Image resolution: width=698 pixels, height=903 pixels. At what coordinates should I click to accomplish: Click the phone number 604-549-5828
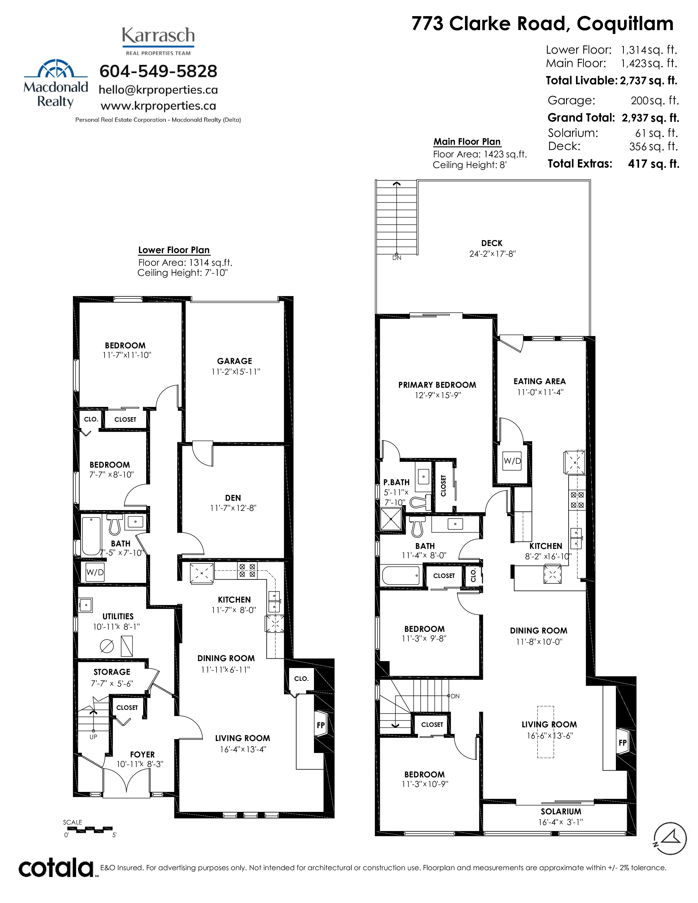point(158,71)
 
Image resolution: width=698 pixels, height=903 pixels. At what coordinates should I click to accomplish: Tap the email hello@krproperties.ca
point(158,90)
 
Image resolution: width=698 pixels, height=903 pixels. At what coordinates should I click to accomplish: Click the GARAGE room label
point(235,361)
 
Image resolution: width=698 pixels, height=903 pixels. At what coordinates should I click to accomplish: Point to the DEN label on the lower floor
point(233,498)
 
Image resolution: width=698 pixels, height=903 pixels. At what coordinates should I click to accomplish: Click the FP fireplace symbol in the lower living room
point(321,725)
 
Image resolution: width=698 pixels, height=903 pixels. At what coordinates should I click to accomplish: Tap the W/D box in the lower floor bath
point(95,572)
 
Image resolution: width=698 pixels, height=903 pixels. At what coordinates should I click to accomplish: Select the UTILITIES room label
point(118,617)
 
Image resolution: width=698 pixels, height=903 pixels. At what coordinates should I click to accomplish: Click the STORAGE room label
point(112,672)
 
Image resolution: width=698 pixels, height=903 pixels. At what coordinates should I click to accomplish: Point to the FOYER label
point(142,755)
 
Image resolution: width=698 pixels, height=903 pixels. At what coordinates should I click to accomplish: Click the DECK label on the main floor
point(492,243)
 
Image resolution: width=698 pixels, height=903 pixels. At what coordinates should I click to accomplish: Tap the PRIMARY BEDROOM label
point(437,385)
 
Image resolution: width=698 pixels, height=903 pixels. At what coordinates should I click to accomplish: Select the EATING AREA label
point(540,381)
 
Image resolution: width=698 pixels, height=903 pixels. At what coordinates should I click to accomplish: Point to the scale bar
point(88,830)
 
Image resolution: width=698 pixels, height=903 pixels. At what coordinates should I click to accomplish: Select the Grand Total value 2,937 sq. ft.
point(650,118)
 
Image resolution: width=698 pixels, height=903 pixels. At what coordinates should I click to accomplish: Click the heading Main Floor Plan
point(467,142)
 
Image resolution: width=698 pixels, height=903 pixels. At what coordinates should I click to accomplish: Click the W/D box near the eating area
point(512,461)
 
